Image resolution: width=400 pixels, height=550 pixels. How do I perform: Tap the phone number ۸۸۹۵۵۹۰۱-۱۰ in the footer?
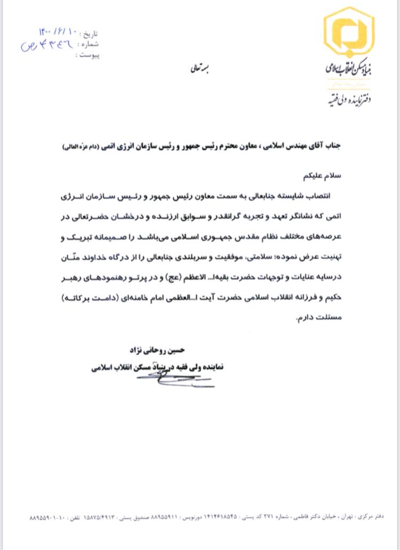[43, 518]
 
